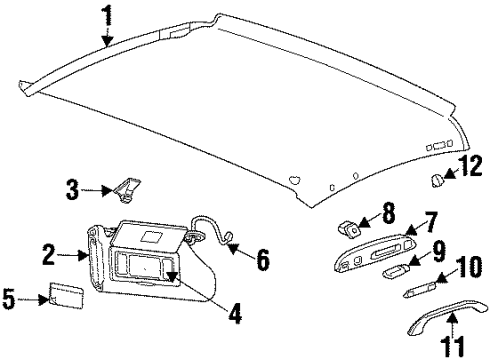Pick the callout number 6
click(x=262, y=261)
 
